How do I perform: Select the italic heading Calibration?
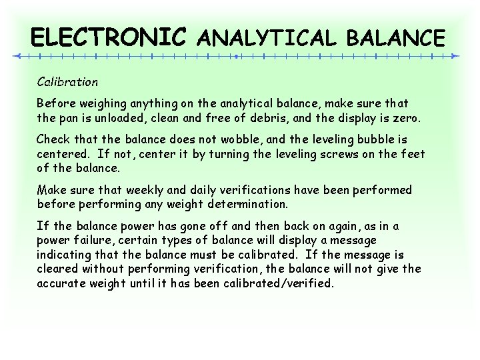(x=67, y=82)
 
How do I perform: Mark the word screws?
(x=333, y=154)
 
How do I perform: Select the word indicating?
(x=65, y=255)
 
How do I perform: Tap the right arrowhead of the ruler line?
(x=455, y=56)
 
